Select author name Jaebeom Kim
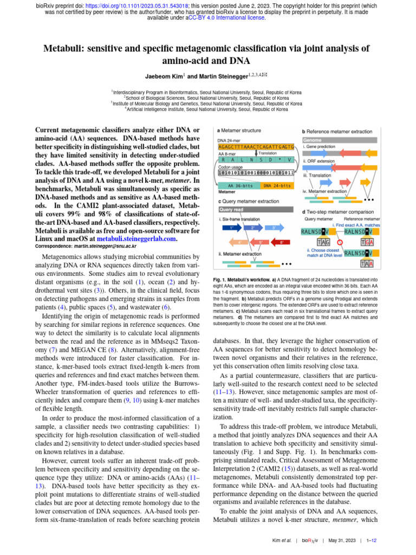pyautogui.click(x=164, y=76)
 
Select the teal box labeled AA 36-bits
pyautogui.click(x=239, y=185)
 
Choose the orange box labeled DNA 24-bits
pyautogui.click(x=278, y=185)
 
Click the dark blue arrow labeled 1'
pyautogui.click(x=232, y=227)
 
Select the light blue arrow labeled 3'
pyautogui.click(x=274, y=227)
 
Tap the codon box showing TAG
pyautogui.click(x=324, y=242)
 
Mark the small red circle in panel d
pyautogui.click(x=339, y=242)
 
